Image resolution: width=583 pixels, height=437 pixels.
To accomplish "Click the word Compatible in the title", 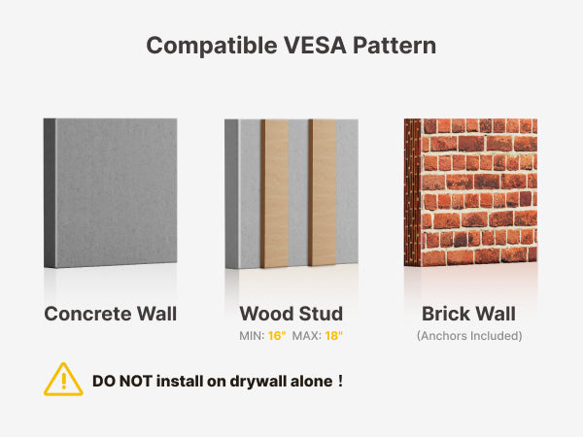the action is point(212,46).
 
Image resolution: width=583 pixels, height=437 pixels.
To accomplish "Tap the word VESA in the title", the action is point(315,46).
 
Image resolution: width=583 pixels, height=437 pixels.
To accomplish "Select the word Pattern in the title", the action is point(394,46).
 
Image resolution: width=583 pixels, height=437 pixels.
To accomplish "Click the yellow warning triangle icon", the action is point(63,380).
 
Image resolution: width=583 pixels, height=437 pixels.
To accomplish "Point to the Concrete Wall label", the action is point(111,314).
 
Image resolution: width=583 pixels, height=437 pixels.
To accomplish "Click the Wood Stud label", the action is point(291,314).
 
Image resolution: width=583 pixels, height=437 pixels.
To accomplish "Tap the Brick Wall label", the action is point(468,314).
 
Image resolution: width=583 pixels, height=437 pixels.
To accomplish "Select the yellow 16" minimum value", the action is point(277,336).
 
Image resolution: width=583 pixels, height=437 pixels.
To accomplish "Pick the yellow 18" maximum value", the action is point(333,336).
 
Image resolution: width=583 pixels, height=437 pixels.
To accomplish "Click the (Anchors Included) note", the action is point(469,336).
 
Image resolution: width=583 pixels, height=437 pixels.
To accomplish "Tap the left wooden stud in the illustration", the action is point(274,193).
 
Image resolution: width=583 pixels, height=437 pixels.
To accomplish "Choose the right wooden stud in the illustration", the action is point(322,192).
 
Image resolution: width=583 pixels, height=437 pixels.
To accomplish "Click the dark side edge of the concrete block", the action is point(50,193).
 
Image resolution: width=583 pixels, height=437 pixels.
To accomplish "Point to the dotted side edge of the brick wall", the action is point(412,192).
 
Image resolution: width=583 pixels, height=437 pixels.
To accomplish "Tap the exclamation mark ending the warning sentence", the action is point(340,381).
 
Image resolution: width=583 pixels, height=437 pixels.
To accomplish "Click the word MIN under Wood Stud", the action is point(252,336).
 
